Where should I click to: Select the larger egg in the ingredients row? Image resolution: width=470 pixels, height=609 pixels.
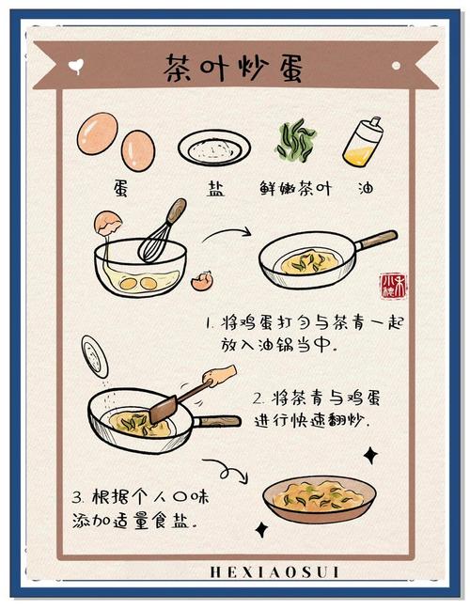pyautogui.click(x=97, y=133)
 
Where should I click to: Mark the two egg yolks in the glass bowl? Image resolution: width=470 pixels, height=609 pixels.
pyautogui.click(x=142, y=279)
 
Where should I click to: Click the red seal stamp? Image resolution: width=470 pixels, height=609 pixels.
pyautogui.click(x=392, y=285)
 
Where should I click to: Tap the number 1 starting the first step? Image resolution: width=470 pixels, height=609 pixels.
pyautogui.click(x=209, y=323)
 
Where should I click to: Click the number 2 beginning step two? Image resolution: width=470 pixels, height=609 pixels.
pyautogui.click(x=258, y=398)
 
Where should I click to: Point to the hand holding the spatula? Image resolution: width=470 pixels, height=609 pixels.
pyautogui.click(x=218, y=377)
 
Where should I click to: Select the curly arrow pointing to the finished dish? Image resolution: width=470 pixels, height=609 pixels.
pyautogui.click(x=226, y=467)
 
